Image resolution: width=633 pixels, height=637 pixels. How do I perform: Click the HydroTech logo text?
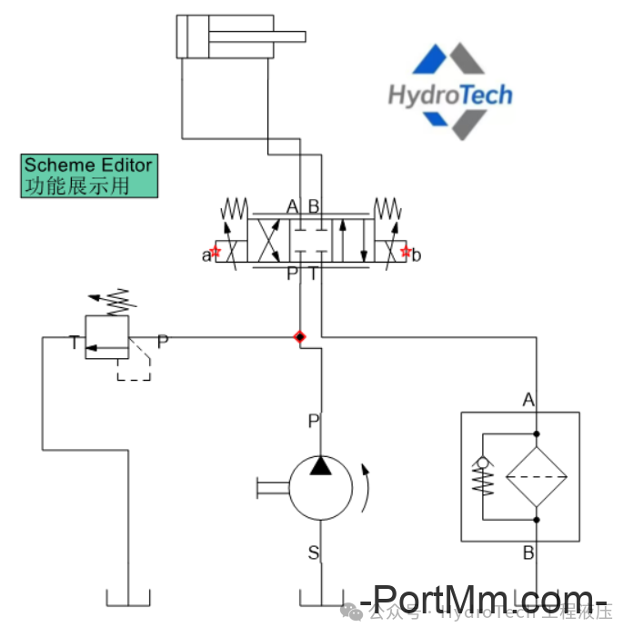[449, 95]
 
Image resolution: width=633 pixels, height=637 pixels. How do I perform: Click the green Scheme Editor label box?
[89, 175]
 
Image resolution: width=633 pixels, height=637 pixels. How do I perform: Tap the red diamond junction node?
[299, 337]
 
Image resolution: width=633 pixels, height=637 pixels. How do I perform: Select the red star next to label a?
[216, 252]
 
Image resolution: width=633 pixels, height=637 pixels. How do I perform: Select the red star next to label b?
[406, 252]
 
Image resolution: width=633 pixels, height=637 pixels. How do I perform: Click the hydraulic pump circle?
[319, 489]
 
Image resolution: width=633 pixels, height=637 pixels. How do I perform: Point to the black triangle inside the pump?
[319, 466]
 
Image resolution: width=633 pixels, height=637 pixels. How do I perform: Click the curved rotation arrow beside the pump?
[367, 487]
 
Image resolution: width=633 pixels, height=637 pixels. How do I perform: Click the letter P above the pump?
[314, 421]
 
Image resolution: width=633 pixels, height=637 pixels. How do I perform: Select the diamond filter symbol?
[537, 474]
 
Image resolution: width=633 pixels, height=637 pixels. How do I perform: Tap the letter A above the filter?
[528, 399]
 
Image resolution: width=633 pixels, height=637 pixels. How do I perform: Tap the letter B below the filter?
[528, 552]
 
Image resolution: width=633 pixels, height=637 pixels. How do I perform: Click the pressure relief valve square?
[106, 336]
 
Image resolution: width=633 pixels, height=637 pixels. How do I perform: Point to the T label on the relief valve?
[74, 343]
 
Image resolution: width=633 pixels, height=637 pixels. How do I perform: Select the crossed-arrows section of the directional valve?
[269, 241]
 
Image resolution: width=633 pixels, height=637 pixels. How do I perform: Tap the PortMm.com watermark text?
[482, 599]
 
